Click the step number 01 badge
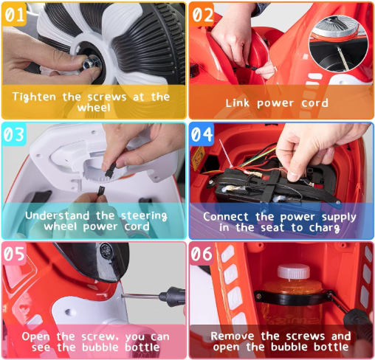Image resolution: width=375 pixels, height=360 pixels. pos(14,14)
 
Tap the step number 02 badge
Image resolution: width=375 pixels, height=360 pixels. pos(202,14)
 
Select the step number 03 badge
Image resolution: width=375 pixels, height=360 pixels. pos(14,134)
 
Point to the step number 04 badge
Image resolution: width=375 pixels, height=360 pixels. pos(202,134)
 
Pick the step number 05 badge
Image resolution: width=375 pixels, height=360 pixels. pos(14,254)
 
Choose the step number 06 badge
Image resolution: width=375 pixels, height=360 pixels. pos(202,254)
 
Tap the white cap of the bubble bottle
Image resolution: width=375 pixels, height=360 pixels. pos(294,271)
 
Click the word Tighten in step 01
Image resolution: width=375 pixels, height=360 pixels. pos(34,97)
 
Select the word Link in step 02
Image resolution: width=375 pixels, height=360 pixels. pos(238,103)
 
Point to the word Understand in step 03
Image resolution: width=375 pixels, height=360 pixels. pos(58,215)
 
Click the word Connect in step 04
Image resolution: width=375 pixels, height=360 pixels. pos(226,217)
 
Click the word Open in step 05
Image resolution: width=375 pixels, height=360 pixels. pos(35,336)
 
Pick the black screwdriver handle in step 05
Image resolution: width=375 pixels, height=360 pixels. pos(172,297)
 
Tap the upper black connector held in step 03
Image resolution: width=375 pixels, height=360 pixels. pos(111,170)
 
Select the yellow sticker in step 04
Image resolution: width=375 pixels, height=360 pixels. pos(199,159)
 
